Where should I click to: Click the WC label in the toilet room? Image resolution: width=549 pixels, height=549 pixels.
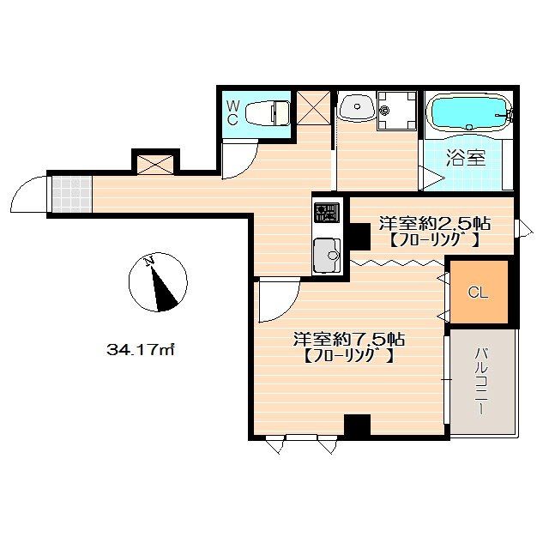click(x=232, y=112)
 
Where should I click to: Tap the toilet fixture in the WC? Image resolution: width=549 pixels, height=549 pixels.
click(x=268, y=112)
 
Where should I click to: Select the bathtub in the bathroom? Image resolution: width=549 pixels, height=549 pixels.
click(x=468, y=112)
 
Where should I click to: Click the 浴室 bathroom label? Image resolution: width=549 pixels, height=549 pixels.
click(x=466, y=158)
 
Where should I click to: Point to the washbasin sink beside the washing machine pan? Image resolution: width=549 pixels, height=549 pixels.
click(x=357, y=106)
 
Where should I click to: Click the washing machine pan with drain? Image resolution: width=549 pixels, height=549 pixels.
click(x=396, y=111)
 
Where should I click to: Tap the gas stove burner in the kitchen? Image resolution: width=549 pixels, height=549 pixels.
click(x=327, y=213)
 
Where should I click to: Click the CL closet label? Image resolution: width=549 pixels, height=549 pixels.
click(x=478, y=292)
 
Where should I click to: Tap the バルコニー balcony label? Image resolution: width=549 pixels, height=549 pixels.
click(x=481, y=381)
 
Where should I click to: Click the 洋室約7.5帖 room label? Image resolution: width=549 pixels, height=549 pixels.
click(x=349, y=339)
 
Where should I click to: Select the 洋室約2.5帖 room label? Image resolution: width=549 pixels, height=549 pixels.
click(x=435, y=223)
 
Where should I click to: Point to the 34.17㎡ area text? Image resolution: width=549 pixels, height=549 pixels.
click(x=140, y=349)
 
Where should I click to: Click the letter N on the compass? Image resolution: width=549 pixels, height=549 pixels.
click(x=149, y=261)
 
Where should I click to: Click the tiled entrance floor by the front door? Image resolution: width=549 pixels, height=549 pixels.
click(x=72, y=195)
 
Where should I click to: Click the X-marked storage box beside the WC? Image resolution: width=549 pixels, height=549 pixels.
click(x=313, y=107)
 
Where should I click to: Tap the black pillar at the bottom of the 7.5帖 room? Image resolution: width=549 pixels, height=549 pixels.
click(x=357, y=425)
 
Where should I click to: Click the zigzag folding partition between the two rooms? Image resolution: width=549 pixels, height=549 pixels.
click(x=397, y=262)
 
